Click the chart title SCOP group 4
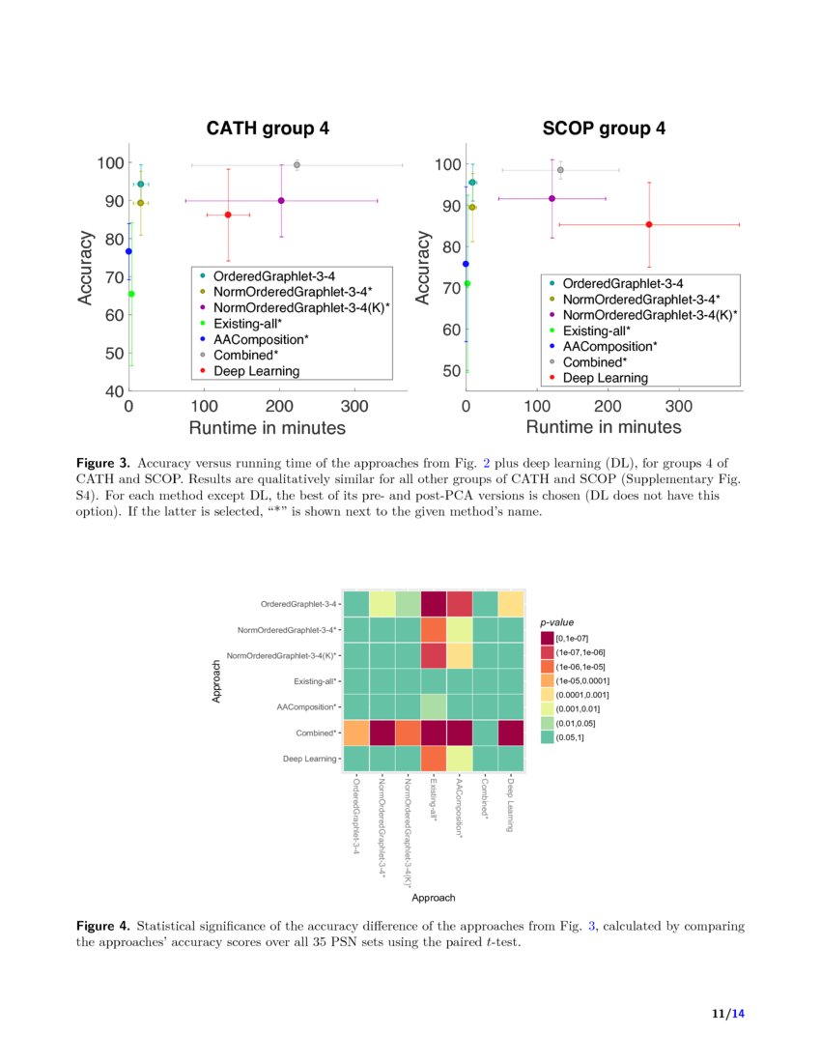604,129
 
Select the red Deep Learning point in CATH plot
228,215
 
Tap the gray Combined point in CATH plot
297,165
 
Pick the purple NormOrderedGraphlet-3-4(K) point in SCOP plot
552,198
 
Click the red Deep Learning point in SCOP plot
649,224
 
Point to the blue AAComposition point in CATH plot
128,251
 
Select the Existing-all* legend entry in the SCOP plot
605,330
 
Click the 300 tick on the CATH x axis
354,407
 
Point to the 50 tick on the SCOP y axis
452,370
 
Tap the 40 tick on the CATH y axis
113,391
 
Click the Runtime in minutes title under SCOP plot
604,427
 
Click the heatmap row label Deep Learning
310,760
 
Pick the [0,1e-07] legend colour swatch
547,638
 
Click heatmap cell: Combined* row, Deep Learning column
510,733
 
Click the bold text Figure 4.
101,926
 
